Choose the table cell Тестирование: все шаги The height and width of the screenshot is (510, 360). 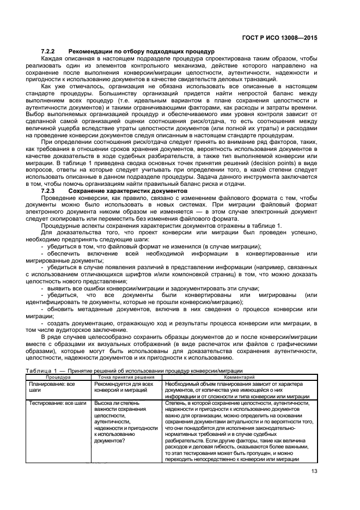tap(57, 403)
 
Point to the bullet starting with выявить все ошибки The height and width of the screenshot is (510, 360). tap(150, 288)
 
